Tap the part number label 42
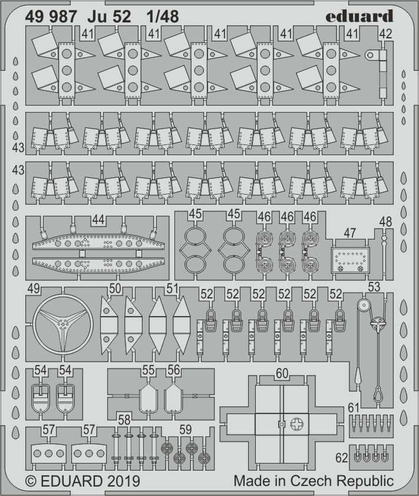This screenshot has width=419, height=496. tap(385, 34)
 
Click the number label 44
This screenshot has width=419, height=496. tap(98, 220)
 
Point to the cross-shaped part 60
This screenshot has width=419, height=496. tap(282, 422)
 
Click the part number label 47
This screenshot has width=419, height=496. tap(349, 232)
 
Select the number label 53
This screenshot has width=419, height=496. tap(374, 287)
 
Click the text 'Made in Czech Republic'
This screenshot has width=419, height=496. tap(313, 481)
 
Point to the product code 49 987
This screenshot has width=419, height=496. tap(51, 17)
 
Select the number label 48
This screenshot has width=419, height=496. tap(385, 222)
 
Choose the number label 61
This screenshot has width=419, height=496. tap(354, 408)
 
